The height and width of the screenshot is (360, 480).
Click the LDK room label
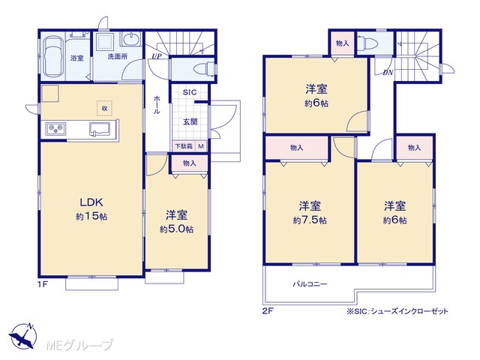click(x=91, y=202)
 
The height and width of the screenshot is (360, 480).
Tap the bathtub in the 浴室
click(x=53, y=57)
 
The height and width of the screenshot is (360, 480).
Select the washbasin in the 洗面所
click(x=131, y=39)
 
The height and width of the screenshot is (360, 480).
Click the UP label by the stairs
click(x=157, y=57)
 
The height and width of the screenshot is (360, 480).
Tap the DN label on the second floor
click(x=388, y=73)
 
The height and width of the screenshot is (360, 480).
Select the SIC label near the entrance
click(x=190, y=92)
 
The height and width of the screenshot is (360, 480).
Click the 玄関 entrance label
click(x=190, y=121)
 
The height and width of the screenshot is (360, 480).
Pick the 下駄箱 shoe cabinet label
click(x=184, y=146)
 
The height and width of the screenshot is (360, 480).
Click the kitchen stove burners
click(x=55, y=128)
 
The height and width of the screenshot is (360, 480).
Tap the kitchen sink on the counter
click(x=100, y=129)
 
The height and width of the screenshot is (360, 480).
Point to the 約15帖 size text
click(x=91, y=217)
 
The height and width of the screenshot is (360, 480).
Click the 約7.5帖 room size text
click(x=310, y=220)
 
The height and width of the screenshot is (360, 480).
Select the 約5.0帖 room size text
click(x=176, y=229)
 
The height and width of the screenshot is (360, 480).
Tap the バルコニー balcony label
click(x=310, y=284)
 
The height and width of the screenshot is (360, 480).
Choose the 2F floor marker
click(x=268, y=311)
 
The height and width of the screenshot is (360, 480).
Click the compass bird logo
click(x=23, y=336)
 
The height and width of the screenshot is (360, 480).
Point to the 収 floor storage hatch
click(x=105, y=108)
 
